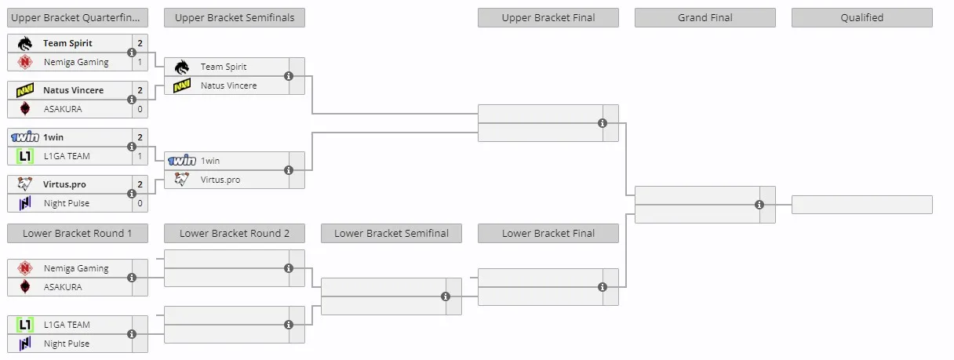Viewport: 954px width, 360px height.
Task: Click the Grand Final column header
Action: pos(705,17)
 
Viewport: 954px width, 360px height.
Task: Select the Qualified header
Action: pos(861,17)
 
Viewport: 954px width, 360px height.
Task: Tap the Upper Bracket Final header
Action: pos(548,17)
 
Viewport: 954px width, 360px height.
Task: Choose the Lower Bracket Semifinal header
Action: pos(391,233)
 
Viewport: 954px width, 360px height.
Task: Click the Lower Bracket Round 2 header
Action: pos(235,233)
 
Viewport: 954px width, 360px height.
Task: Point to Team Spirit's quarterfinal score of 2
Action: pos(140,43)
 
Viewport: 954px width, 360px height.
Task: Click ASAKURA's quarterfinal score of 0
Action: pos(140,109)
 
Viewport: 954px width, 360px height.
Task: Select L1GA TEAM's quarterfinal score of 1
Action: pos(140,156)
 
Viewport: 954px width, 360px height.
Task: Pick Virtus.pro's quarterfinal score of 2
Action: pos(140,184)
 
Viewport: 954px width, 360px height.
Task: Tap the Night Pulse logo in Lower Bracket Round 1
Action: pos(25,344)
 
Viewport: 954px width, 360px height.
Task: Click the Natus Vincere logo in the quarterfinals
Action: pos(25,90)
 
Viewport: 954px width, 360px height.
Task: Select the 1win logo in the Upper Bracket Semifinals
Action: pos(182,161)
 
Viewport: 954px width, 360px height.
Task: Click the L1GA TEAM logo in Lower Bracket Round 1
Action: pos(25,325)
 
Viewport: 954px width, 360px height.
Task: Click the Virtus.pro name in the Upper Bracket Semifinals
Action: pos(220,180)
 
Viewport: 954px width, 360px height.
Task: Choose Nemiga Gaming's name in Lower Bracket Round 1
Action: pos(76,268)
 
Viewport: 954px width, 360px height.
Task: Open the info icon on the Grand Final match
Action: pos(759,205)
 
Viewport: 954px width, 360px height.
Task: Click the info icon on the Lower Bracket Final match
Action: pos(603,287)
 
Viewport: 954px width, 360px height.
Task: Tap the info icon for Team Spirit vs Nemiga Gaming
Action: pos(132,53)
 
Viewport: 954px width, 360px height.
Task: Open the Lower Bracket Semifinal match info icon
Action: pos(446,296)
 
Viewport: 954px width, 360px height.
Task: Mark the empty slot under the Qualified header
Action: pos(862,205)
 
